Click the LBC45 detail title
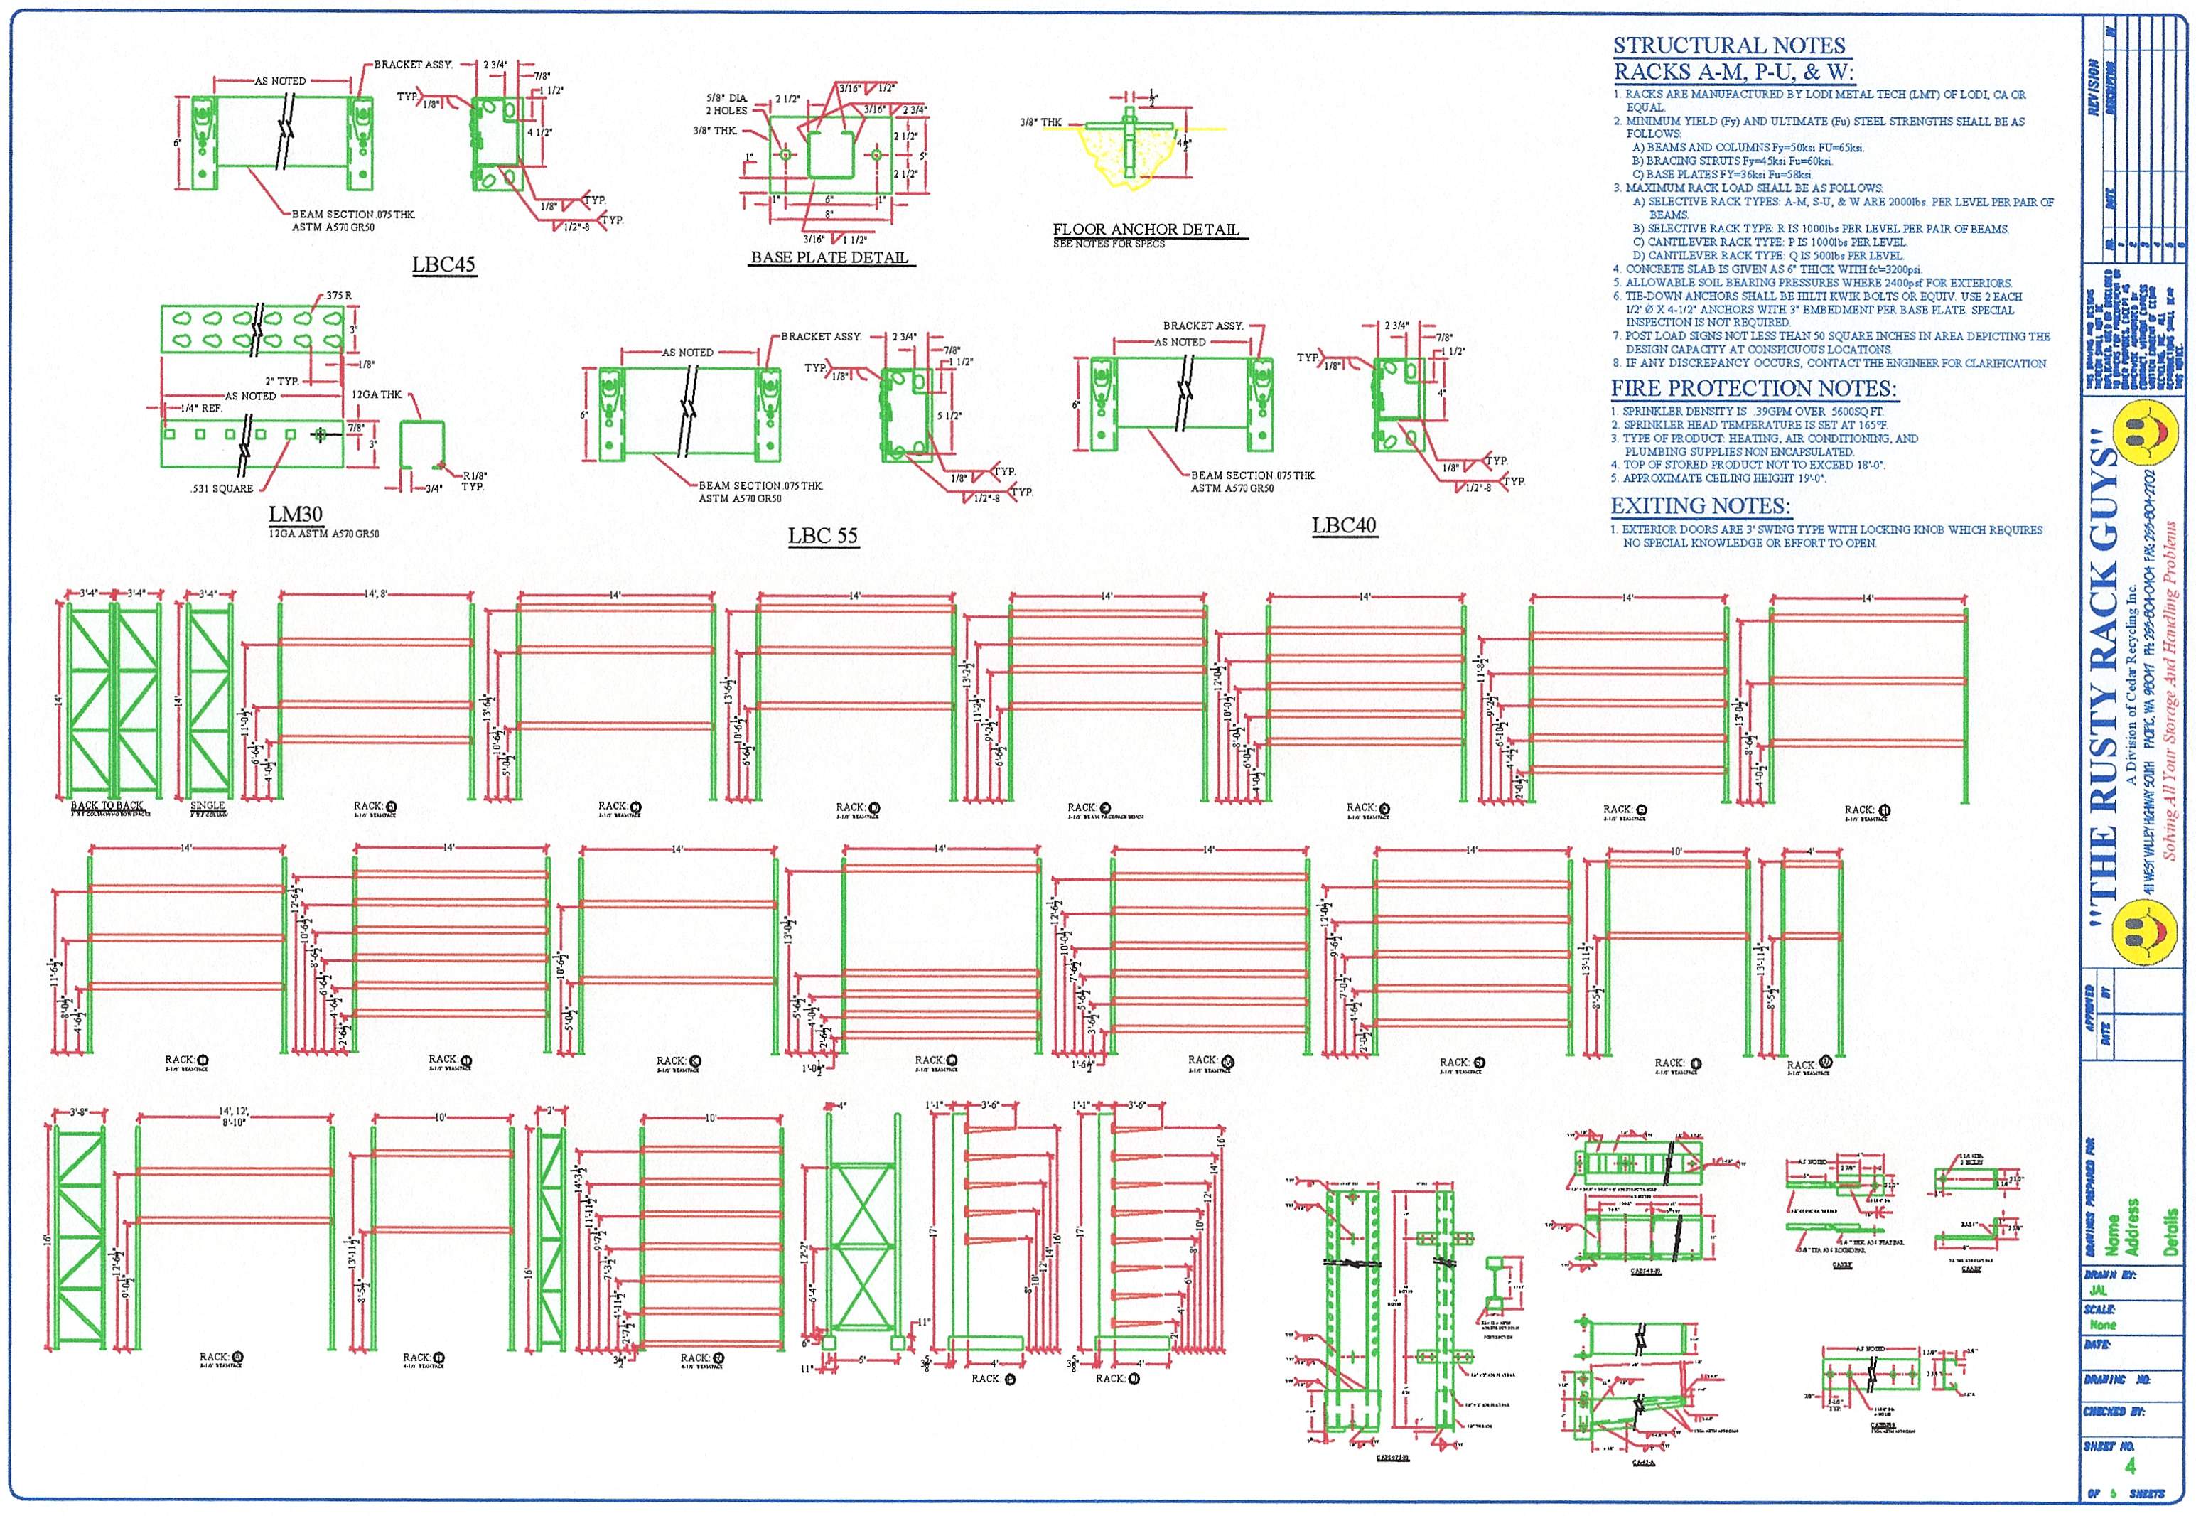pyautogui.click(x=443, y=264)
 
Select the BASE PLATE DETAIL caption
pyautogui.click(x=829, y=257)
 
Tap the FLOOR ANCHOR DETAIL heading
pyautogui.click(x=1146, y=229)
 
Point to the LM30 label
pyautogui.click(x=296, y=515)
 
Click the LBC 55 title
pyautogui.click(x=822, y=536)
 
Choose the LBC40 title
pyautogui.click(x=1343, y=525)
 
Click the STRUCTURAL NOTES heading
pyautogui.click(x=1728, y=45)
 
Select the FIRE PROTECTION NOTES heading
pyautogui.click(x=1753, y=389)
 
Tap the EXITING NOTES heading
pyautogui.click(x=1700, y=506)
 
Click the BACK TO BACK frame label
pyautogui.click(x=107, y=805)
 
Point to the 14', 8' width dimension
pyautogui.click(x=376, y=593)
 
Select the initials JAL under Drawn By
pyautogui.click(x=2098, y=1291)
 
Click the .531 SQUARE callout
pyautogui.click(x=221, y=488)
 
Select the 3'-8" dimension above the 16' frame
pyautogui.click(x=79, y=1112)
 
